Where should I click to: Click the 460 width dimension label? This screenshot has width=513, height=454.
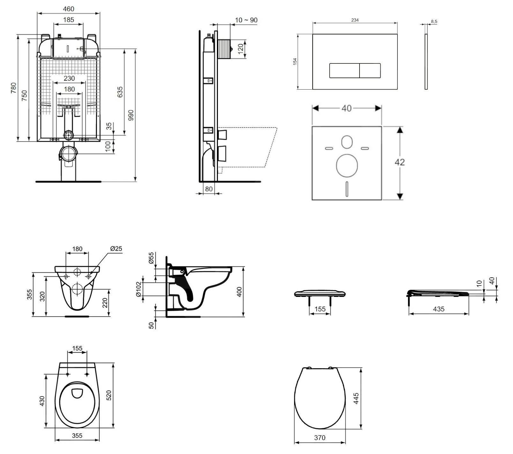point(69,9)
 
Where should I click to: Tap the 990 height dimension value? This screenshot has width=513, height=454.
point(131,115)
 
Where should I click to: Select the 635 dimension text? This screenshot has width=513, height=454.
point(120,92)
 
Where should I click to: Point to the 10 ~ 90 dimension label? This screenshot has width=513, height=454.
point(246,20)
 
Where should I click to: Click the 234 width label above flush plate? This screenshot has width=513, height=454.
point(355,20)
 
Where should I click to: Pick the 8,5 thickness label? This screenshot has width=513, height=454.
point(434,22)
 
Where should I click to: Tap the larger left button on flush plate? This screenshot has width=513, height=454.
point(344,70)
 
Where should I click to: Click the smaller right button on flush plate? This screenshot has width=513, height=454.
point(370,70)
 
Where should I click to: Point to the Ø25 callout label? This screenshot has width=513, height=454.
point(116,248)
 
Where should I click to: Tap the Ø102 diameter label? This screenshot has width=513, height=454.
point(139,289)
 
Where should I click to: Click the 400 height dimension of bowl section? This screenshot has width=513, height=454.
point(240,291)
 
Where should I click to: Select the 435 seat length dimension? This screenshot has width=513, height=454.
point(439,309)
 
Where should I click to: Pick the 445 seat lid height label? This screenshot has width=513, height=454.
point(356,399)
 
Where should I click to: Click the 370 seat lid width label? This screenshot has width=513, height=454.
point(320,438)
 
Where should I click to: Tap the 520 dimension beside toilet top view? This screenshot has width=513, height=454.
point(109,395)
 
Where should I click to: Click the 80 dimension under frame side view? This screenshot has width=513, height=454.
point(209,189)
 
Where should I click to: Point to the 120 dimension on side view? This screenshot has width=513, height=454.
point(241,48)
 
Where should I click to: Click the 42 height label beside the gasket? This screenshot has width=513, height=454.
point(399,162)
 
